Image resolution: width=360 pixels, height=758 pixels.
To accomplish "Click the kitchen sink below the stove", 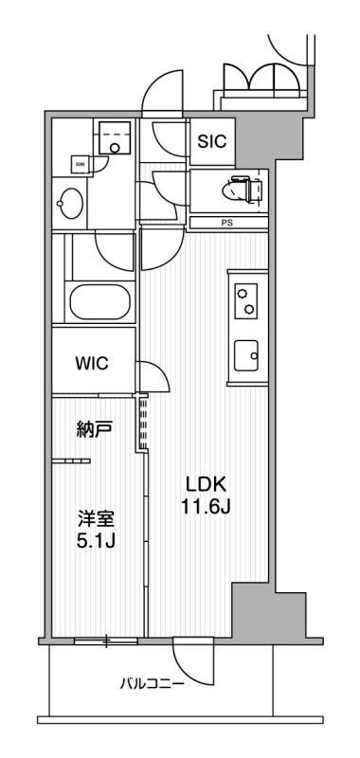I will click(248, 356).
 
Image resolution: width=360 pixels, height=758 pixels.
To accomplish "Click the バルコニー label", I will click(151, 681).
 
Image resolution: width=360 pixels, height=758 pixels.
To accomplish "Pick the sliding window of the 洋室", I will click(106, 641).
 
